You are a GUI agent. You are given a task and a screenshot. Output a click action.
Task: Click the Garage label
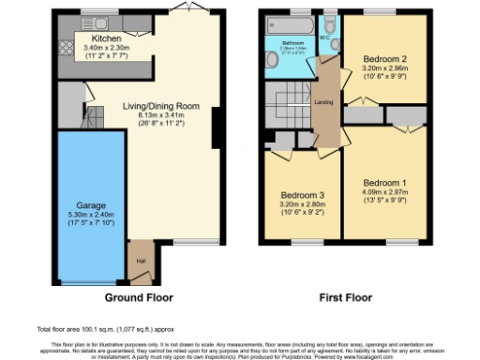(x=91, y=204)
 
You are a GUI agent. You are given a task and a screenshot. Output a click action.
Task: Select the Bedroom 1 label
(x=385, y=182)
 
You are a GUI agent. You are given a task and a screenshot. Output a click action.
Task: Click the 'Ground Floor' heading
(x=142, y=297)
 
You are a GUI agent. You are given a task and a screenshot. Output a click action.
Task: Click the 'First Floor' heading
(x=343, y=297)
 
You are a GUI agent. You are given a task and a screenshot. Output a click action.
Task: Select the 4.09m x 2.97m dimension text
(x=385, y=193)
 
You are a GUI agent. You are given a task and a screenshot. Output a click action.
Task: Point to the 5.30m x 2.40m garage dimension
(x=91, y=215)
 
